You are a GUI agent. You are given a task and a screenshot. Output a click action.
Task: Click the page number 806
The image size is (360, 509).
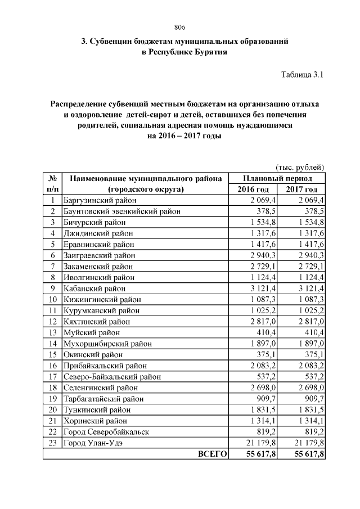[180, 28]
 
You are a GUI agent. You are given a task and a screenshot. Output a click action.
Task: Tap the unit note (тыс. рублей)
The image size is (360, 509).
[299, 167]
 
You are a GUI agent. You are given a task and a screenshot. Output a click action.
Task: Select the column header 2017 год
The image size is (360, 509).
[301, 189]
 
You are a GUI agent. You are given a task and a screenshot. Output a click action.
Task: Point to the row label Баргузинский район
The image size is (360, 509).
[99, 200]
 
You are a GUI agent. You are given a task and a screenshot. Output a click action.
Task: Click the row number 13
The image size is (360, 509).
[52, 332]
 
